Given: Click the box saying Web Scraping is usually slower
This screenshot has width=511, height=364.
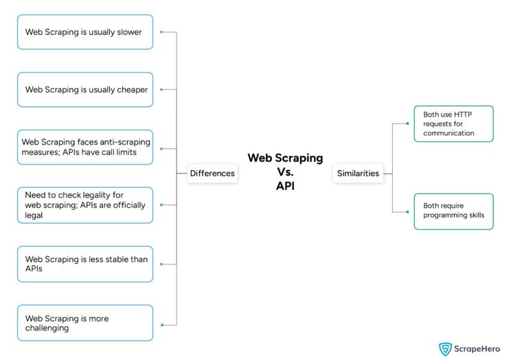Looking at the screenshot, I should (85, 32).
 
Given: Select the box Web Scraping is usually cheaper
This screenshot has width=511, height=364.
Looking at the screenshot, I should (85, 89).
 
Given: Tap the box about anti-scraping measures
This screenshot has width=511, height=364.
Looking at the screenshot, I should (85, 147).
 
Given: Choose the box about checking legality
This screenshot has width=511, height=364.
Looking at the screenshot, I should (85, 204).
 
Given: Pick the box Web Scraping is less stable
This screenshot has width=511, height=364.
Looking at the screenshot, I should (85, 264).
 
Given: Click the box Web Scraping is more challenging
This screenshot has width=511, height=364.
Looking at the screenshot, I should (85, 323).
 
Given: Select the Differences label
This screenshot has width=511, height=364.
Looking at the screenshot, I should (212, 173).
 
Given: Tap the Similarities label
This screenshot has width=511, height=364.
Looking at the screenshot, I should (358, 173).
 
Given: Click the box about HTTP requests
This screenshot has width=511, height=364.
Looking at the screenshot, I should (453, 124).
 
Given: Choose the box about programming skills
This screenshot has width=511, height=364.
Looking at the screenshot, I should (453, 211).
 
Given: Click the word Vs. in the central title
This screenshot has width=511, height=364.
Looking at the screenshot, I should (285, 171).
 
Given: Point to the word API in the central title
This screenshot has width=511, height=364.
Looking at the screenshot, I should (285, 185).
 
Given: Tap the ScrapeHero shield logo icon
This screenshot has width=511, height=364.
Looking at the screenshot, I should (446, 349).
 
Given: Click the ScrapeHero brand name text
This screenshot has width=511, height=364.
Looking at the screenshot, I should (481, 349).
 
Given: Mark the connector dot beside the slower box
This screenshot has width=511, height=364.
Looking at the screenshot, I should (161, 32).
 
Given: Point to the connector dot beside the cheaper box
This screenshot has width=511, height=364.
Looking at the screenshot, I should (161, 89).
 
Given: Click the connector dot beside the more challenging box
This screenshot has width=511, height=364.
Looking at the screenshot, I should (161, 324).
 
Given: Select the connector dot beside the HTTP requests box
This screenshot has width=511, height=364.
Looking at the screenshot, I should (407, 124).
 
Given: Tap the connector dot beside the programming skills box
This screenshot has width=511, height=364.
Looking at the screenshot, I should (407, 211).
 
